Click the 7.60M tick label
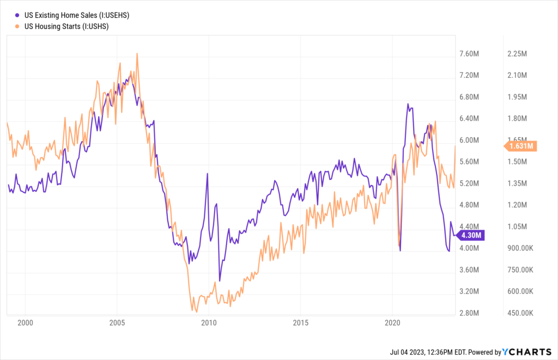click(469, 54)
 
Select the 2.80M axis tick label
click(469, 313)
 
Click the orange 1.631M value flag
click(522, 146)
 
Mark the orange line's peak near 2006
click(137, 53)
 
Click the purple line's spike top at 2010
click(208, 174)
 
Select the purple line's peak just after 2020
click(407, 104)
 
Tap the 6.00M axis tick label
click(469, 140)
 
